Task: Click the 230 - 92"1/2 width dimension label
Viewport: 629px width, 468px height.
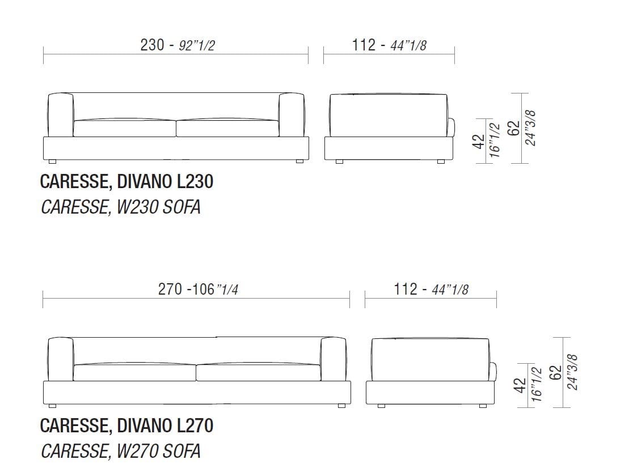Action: click(x=177, y=45)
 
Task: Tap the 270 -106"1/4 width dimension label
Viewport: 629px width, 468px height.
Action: click(x=197, y=289)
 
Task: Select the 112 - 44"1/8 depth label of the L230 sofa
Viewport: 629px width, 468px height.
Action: click(x=389, y=45)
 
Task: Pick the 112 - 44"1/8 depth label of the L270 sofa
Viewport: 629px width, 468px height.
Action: click(x=431, y=289)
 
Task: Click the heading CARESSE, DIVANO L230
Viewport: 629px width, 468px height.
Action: click(x=126, y=182)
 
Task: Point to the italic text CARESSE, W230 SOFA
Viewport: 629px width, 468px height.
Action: click(x=120, y=207)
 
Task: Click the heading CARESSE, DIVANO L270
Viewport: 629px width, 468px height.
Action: click(x=126, y=425)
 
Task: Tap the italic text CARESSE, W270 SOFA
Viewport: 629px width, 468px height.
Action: click(x=120, y=451)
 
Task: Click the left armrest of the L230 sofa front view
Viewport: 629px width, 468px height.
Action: click(x=60, y=114)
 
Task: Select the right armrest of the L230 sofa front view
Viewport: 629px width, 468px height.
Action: click(x=292, y=114)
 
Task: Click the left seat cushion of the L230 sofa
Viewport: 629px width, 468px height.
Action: click(x=124, y=128)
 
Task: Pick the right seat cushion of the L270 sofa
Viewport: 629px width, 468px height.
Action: click(x=258, y=372)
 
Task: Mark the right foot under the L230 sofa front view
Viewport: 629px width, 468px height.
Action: click(x=299, y=161)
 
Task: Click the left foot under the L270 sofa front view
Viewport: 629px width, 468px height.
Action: click(x=53, y=406)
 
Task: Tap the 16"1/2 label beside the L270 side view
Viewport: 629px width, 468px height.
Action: click(x=537, y=384)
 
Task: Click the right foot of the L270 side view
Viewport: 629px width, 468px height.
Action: click(x=483, y=406)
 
